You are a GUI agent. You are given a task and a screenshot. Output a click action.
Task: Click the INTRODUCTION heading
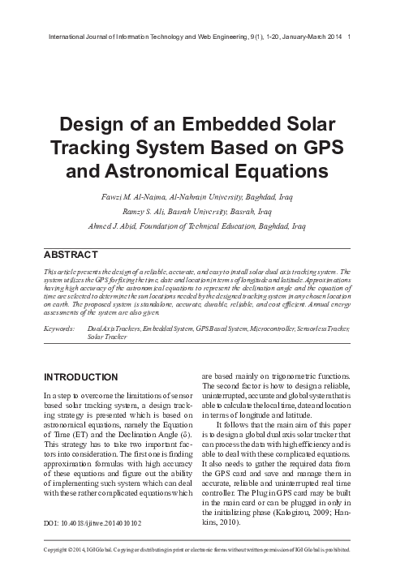tap(82, 377)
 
